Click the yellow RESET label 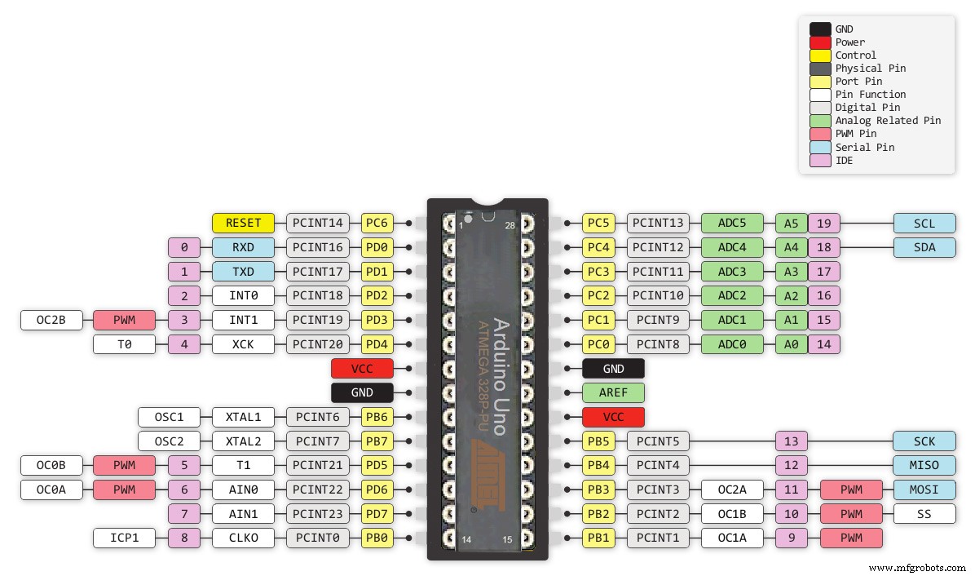(x=243, y=223)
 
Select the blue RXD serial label (x=243, y=247)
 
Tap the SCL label (x=924, y=223)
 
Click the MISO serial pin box (x=924, y=465)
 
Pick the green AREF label (x=613, y=392)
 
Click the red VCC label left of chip (x=362, y=369)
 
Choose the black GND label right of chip (x=613, y=369)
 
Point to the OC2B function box (x=51, y=320)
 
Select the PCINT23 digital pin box (x=318, y=514)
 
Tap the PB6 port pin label (x=377, y=417)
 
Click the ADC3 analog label (x=731, y=271)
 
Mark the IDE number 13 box (x=791, y=441)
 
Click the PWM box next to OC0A (x=124, y=490)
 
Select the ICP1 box (x=124, y=538)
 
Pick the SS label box (x=924, y=514)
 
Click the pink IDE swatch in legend (x=820, y=161)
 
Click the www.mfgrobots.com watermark (x=915, y=568)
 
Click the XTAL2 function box (x=243, y=441)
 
